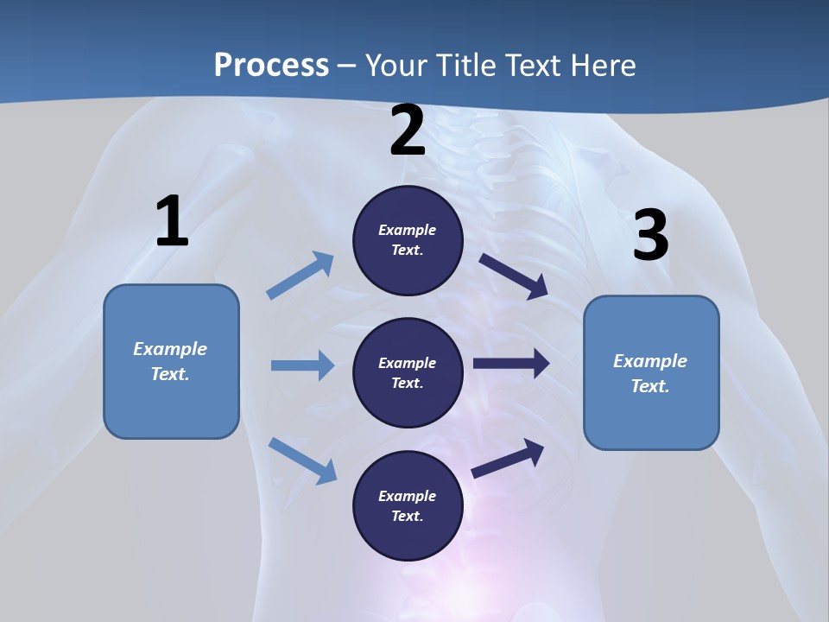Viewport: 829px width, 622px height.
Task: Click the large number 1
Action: (172, 221)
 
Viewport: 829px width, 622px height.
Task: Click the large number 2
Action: (408, 130)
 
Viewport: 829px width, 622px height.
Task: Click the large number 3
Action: (650, 235)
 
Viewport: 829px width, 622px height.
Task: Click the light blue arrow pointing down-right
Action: (303, 460)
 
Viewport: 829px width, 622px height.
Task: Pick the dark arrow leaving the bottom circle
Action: (509, 458)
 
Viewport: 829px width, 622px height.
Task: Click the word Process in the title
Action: (271, 65)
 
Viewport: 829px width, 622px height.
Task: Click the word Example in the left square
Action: (170, 349)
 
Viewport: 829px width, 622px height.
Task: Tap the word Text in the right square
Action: (649, 386)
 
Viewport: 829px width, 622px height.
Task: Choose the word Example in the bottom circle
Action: (408, 496)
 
